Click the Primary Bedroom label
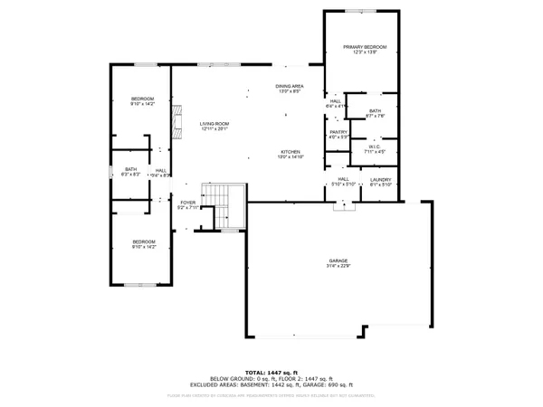coord(365,47)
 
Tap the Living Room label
coord(214,123)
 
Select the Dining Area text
coord(289,86)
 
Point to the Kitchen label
coord(290,151)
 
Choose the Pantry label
coord(338,132)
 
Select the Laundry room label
coord(381,179)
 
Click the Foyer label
coord(187,202)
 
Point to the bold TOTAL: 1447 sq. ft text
coord(271,371)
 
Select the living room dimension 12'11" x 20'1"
coord(214,128)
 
